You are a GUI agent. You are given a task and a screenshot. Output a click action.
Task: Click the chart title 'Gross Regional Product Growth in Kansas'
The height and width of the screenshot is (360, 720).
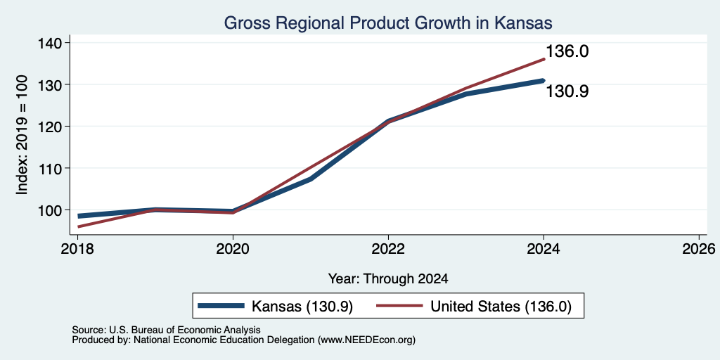387,22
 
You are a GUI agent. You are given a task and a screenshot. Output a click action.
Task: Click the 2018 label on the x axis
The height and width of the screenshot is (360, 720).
77,249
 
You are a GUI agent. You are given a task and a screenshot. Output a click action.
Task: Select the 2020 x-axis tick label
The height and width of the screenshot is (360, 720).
233,249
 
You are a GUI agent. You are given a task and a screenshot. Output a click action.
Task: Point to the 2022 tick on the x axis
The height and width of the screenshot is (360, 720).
388,249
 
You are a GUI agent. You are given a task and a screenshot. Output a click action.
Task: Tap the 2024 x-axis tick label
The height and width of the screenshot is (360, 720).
544,249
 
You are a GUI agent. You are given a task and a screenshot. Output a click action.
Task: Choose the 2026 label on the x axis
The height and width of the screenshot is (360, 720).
699,249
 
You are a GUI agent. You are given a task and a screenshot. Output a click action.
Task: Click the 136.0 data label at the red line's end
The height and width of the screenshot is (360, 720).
567,51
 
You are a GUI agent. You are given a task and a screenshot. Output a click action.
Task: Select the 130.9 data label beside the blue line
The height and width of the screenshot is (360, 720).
567,92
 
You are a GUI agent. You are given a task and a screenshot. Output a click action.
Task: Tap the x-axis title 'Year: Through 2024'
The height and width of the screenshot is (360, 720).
388,278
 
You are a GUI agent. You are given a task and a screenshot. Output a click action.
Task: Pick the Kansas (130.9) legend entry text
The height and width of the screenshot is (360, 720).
302,307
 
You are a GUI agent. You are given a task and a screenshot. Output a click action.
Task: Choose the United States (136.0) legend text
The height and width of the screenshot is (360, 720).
501,307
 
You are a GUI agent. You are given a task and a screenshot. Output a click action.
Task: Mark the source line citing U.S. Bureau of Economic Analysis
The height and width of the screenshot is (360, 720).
166,330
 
